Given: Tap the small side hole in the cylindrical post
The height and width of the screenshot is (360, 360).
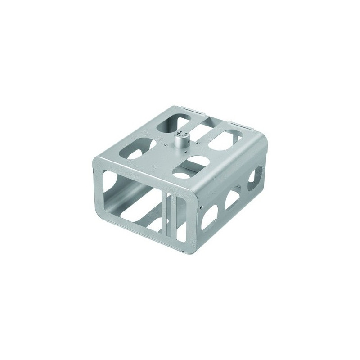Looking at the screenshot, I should point(180,135).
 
